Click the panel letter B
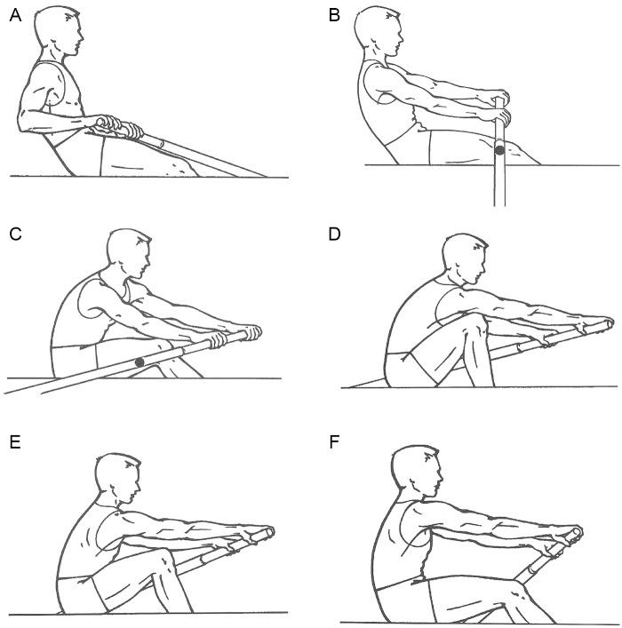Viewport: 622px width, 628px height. (335, 15)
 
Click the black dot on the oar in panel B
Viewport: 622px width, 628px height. (500, 151)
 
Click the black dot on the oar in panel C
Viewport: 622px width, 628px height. (140, 362)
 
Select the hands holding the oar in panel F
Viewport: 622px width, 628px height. (566, 536)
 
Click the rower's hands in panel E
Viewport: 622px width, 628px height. (258, 537)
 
